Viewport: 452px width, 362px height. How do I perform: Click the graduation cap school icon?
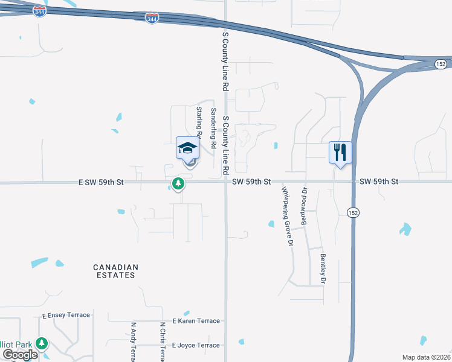click(187, 148)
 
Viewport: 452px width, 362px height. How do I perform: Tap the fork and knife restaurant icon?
click(340, 152)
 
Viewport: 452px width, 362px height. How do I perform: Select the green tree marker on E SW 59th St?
click(178, 184)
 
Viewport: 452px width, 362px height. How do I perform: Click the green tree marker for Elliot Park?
click(42, 344)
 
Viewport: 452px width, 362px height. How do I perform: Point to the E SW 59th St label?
click(100, 182)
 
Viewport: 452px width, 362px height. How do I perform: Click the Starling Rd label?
click(199, 119)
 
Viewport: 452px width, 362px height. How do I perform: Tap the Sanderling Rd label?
click(213, 128)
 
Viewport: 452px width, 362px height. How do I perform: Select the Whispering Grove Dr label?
click(287, 216)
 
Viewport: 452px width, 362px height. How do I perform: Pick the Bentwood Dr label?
click(305, 206)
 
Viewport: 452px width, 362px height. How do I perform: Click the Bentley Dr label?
click(323, 269)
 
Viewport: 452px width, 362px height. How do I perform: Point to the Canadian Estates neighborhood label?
click(115, 271)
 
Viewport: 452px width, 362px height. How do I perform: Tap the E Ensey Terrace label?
click(66, 315)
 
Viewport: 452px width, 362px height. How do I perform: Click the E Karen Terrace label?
click(196, 321)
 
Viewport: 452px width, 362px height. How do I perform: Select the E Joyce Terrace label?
click(196, 345)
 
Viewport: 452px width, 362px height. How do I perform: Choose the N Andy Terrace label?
click(134, 341)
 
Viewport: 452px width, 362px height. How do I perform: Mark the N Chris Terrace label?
click(162, 341)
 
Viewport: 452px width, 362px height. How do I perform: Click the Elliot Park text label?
click(16, 344)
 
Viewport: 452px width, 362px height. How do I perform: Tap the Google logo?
click(21, 355)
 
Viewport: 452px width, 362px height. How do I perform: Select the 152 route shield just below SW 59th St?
click(354, 212)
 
